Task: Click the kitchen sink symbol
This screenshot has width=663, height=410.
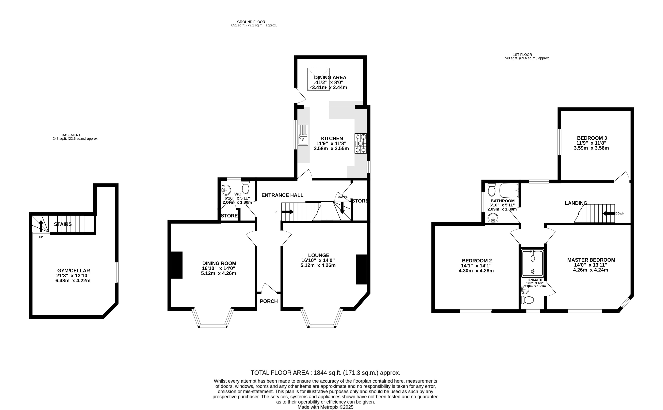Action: click(x=303, y=135)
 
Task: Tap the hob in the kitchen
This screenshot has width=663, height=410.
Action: click(x=361, y=143)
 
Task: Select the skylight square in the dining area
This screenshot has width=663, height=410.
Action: click(x=318, y=79)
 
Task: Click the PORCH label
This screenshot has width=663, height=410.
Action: click(x=269, y=301)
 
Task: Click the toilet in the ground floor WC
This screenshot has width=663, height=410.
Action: click(x=246, y=188)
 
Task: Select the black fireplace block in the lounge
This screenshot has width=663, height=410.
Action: click(x=361, y=270)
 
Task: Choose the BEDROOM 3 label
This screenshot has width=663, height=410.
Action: click(x=591, y=138)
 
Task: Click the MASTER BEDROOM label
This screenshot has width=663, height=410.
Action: click(x=591, y=260)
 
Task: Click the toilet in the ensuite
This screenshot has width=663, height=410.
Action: click(x=528, y=300)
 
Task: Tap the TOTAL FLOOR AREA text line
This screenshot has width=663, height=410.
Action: click(x=325, y=373)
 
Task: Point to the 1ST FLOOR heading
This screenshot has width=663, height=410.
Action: click(x=522, y=55)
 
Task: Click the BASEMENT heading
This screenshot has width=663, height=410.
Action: click(x=71, y=135)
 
